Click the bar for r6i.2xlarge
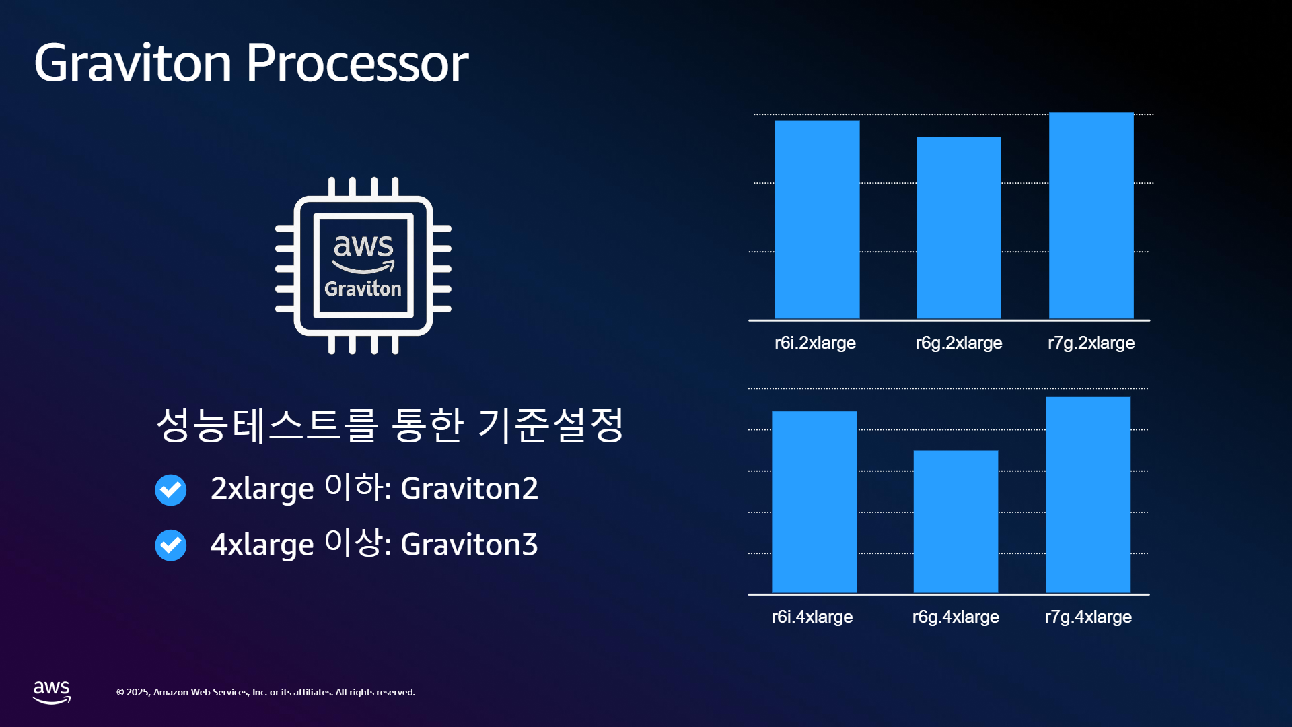click(x=817, y=219)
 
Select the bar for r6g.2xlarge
click(x=958, y=228)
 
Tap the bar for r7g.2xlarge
click(x=1091, y=215)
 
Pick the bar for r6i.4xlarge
click(x=814, y=502)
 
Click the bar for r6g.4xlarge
click(x=956, y=522)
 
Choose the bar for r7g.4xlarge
click(x=1088, y=495)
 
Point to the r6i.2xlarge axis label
click(x=815, y=343)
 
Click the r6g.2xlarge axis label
click(x=959, y=343)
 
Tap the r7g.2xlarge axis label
click(x=1091, y=343)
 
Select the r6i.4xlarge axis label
click(x=812, y=617)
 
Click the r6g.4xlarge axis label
click(x=956, y=617)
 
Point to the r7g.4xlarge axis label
click(x=1088, y=617)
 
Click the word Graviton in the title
click(x=133, y=63)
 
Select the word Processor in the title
click(x=357, y=63)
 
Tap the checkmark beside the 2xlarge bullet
click(x=171, y=490)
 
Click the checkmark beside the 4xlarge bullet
click(x=171, y=545)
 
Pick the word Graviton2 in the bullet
click(x=469, y=489)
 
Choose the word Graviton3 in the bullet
click(x=469, y=545)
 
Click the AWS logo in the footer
click(x=52, y=692)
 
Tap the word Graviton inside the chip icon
click(x=363, y=289)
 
